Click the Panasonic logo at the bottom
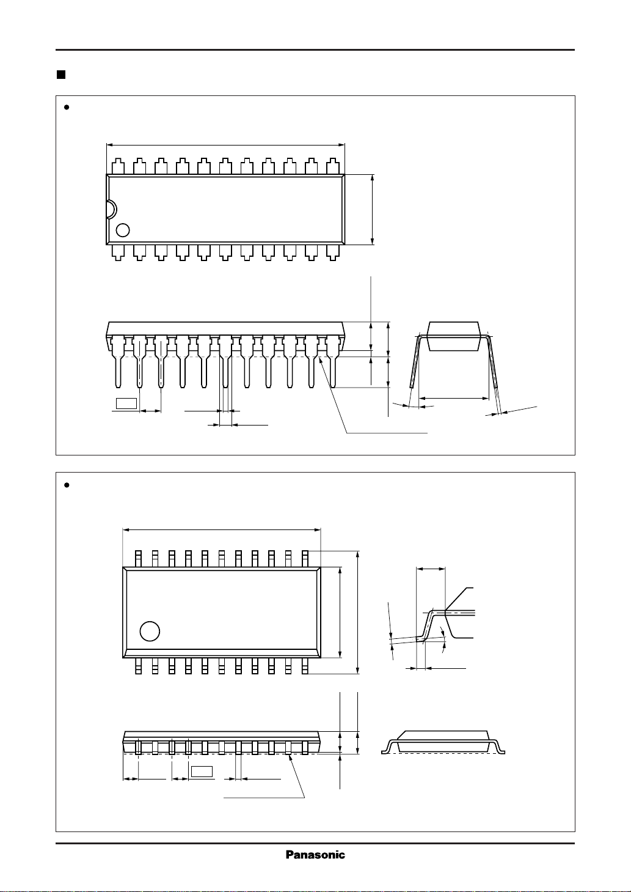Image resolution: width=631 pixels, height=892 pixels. pos(315,855)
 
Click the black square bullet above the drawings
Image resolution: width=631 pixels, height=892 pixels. pos(60,75)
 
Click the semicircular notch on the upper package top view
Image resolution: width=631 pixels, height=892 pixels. pos(110,209)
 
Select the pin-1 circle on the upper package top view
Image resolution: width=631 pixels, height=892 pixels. pos(123,230)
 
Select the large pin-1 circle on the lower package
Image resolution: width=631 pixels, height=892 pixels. pos(150,631)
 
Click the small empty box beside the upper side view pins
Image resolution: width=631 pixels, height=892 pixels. pos(126,402)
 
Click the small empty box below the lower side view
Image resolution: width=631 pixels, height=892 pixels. pos(202,771)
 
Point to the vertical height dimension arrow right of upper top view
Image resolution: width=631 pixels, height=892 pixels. pos(372,209)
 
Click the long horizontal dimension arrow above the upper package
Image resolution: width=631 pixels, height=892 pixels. pos(225,146)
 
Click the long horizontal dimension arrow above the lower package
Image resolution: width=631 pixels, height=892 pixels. pos(222,530)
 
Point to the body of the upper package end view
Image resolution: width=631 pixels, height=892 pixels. pos(453,336)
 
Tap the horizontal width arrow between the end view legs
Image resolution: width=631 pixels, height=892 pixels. pos(455,398)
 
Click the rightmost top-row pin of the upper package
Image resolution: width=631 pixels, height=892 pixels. pos(332,166)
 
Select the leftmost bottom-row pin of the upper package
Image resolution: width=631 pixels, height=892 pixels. pos(118,252)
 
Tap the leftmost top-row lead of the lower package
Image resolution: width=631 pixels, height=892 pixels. pos(139,558)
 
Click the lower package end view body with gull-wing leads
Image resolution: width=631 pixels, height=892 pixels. pos(443,740)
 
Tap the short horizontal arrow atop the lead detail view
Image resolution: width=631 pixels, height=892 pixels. pos(431,569)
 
